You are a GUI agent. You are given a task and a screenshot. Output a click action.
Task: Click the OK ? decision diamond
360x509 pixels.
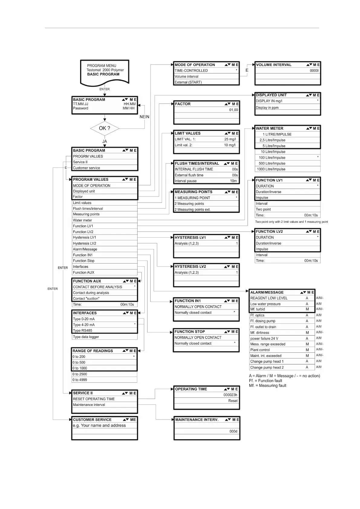tap(105, 128)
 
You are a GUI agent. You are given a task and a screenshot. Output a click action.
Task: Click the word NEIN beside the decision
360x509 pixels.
tap(144, 117)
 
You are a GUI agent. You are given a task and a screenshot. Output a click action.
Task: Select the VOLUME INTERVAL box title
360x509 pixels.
tap(274, 65)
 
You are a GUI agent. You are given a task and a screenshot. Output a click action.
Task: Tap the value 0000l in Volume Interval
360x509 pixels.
tap(314, 71)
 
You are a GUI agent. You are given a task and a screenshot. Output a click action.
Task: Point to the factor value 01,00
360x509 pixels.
tap(233, 110)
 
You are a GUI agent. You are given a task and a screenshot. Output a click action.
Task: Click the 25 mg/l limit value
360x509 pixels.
tap(230, 139)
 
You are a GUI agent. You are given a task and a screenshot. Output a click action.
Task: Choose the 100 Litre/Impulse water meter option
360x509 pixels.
tap(272, 157)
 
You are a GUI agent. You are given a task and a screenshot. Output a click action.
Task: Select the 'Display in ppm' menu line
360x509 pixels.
tap(267, 108)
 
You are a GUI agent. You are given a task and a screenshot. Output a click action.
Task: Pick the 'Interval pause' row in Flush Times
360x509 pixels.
tap(186, 181)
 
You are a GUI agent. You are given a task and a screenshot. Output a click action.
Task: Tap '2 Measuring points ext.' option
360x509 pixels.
tap(193, 209)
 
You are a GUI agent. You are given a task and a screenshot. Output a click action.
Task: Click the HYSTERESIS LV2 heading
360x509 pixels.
tap(190, 267)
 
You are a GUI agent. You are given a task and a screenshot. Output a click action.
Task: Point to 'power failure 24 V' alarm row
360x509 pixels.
tap(264, 339)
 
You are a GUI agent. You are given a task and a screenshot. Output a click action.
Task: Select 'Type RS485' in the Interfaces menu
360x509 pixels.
tap(83, 331)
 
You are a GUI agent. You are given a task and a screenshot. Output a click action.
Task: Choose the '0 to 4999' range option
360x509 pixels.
tap(80, 380)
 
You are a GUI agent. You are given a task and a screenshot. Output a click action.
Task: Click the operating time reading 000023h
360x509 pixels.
tap(230, 395)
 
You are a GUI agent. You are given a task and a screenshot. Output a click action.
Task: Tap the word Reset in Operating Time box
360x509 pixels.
tap(233, 401)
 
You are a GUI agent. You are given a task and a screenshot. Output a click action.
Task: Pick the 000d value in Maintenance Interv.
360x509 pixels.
tap(233, 431)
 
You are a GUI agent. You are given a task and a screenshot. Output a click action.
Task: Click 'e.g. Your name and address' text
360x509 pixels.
tap(99, 426)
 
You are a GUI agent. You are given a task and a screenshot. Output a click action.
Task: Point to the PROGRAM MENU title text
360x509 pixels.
tap(102, 66)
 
